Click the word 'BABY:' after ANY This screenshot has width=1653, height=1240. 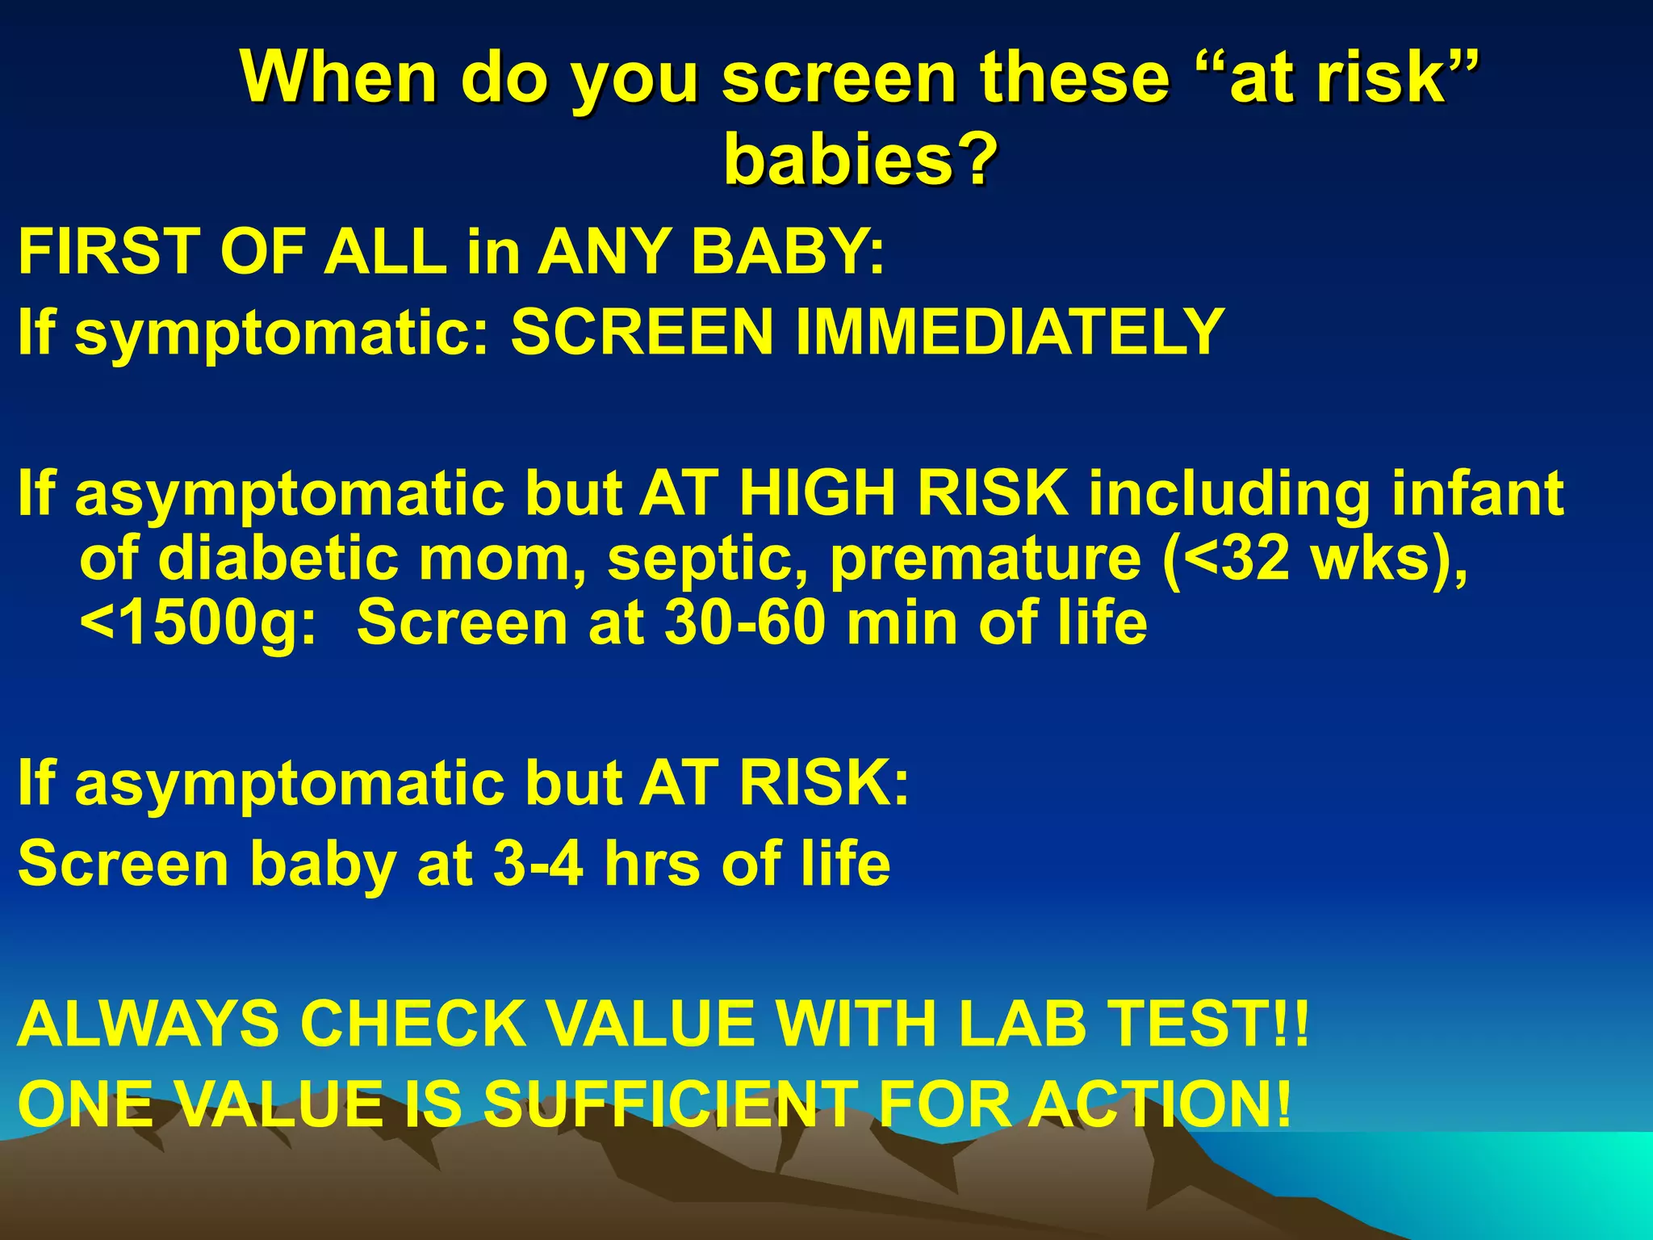point(788,252)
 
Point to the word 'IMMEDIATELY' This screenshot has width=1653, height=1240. point(1010,333)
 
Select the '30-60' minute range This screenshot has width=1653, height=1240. point(746,623)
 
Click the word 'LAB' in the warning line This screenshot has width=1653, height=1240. point(1022,1024)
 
